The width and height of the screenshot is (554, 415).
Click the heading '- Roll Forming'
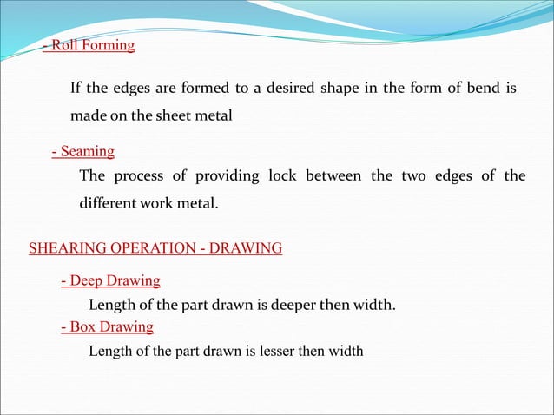89,46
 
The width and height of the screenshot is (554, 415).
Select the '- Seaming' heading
82,152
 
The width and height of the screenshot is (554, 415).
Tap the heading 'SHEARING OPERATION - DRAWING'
155,248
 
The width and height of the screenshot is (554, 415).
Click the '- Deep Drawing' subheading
110,280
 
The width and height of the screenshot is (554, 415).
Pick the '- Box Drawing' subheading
107,326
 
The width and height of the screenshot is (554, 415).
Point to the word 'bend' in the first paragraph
480,89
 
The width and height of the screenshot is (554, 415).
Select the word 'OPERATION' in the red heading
141,248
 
